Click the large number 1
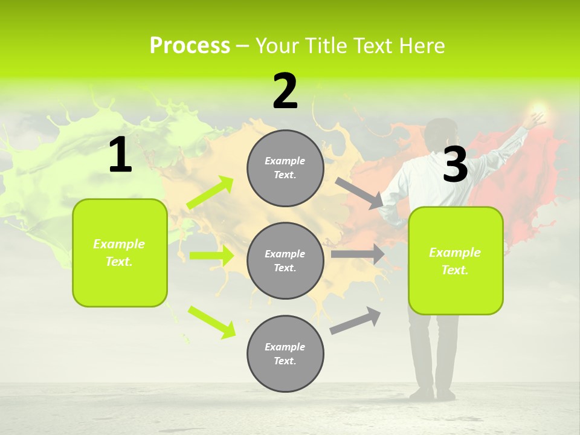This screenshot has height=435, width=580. (x=120, y=155)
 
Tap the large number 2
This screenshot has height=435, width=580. (x=285, y=91)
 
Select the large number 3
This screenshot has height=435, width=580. (x=456, y=165)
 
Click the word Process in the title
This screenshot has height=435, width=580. (x=190, y=46)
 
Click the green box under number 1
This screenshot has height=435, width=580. (x=120, y=253)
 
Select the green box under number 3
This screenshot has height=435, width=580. (x=456, y=261)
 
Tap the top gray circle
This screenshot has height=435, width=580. (x=285, y=168)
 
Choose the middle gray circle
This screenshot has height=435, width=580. (x=285, y=260)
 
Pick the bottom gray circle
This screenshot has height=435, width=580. (x=285, y=353)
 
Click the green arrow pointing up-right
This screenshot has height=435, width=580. (x=210, y=193)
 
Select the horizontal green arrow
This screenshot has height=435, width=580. (x=211, y=256)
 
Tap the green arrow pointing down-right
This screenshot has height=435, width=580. (x=211, y=322)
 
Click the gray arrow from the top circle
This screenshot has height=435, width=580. (x=359, y=193)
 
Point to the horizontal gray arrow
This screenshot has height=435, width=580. (x=358, y=254)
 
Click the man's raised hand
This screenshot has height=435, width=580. (x=534, y=117)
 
